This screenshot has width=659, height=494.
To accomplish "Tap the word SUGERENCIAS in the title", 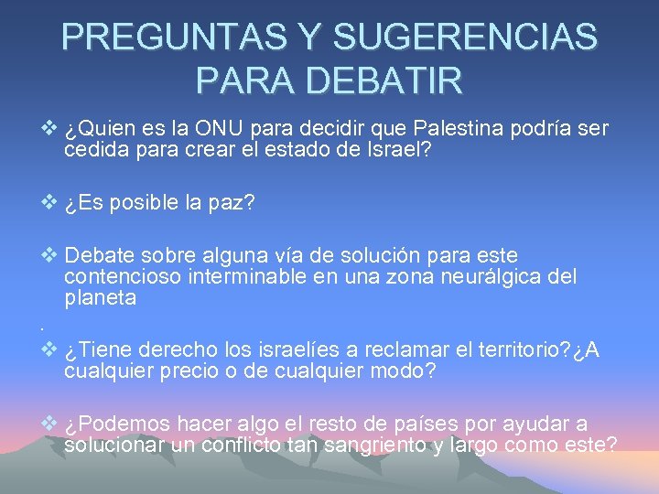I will click(x=466, y=38).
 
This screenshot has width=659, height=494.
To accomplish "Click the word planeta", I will click(x=101, y=297).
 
